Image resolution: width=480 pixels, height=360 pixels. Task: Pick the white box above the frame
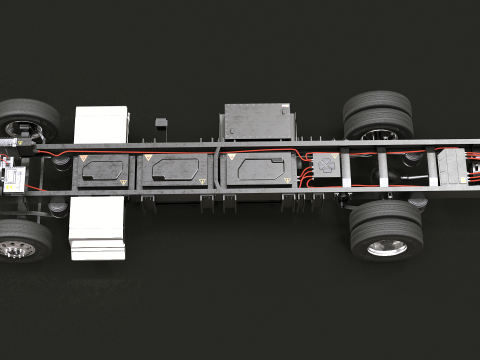point(101,124)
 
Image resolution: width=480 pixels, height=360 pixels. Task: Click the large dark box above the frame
point(259,121)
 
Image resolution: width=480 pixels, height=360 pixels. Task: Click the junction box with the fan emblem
point(325,166)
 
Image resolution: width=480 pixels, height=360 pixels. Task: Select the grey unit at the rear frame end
point(455,166)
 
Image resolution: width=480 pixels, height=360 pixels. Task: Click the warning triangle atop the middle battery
point(148,159)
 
